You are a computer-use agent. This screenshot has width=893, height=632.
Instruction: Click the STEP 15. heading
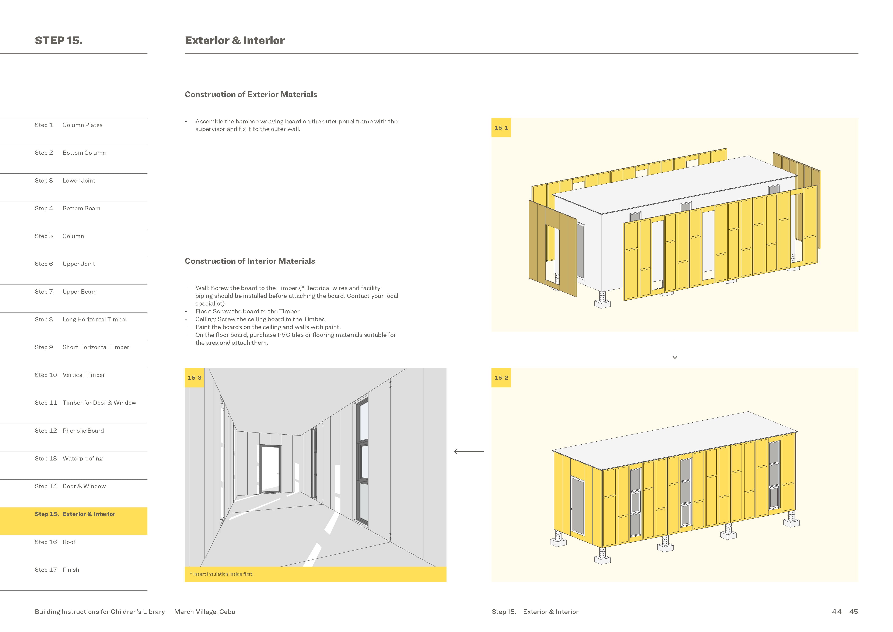click(x=59, y=40)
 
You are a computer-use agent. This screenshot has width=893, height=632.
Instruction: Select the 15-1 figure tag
click(x=501, y=128)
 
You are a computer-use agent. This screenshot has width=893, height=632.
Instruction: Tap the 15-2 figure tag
click(x=501, y=378)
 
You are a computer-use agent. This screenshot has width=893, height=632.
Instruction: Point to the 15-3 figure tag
click(x=194, y=378)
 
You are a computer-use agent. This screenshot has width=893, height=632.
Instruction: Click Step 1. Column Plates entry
click(x=69, y=125)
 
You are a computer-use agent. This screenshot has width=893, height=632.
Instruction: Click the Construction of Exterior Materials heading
click(x=251, y=95)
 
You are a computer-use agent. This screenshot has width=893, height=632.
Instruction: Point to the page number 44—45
click(x=844, y=612)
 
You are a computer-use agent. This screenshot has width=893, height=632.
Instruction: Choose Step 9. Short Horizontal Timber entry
click(x=82, y=347)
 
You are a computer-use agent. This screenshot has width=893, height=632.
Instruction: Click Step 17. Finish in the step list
click(x=57, y=570)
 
